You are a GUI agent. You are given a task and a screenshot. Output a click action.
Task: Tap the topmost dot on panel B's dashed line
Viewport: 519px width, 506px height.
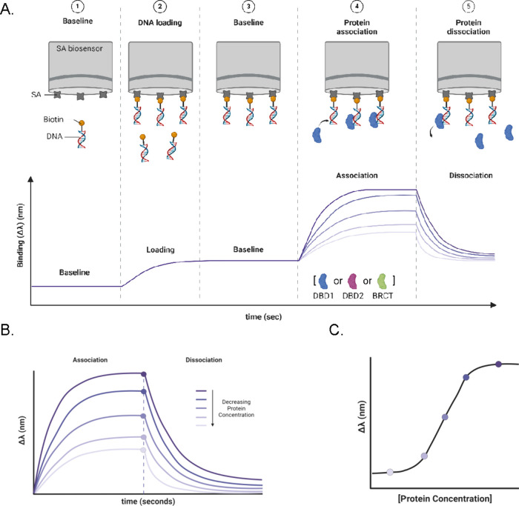[x=144, y=373]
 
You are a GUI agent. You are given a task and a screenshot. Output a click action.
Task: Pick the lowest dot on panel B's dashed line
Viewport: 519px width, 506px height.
[x=144, y=450]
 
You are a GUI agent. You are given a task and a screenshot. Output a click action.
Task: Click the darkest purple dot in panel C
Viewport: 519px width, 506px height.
[x=498, y=364]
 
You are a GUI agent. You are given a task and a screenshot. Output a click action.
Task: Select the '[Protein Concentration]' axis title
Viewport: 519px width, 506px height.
[x=441, y=497]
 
